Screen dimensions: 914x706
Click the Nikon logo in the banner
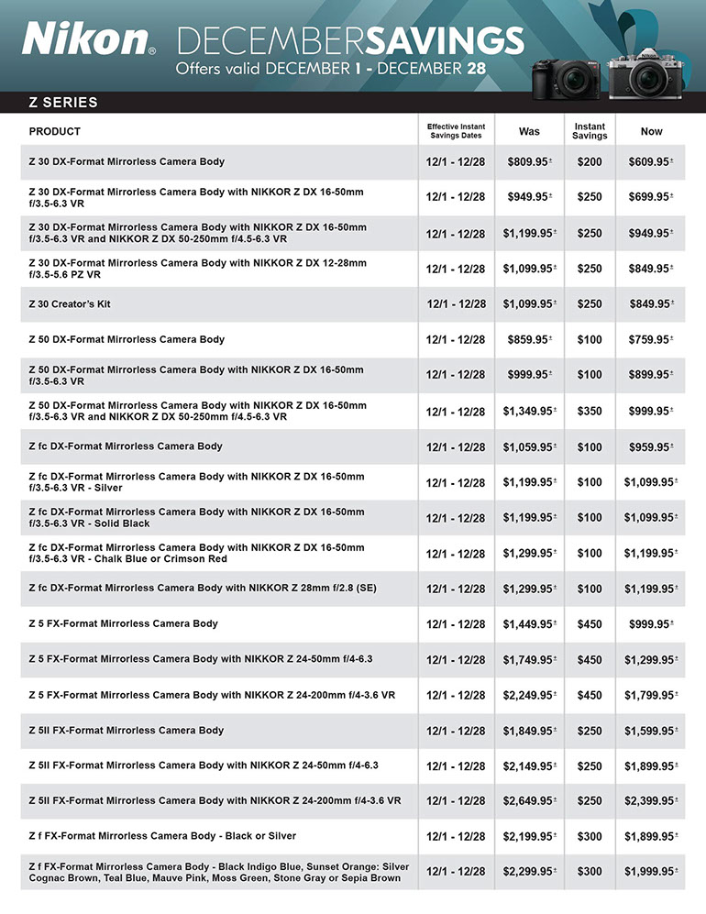[x=86, y=39]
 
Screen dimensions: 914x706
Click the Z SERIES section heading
[x=63, y=103]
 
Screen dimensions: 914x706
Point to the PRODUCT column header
[x=55, y=131]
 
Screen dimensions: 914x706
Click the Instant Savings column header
[x=590, y=131]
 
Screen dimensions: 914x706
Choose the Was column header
[x=529, y=131]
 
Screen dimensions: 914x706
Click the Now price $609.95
[x=649, y=161]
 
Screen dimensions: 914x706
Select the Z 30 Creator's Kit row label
[x=70, y=303]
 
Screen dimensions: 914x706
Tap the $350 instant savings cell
[x=590, y=412]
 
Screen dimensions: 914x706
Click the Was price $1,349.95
[x=527, y=412]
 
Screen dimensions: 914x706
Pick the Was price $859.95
[x=529, y=340]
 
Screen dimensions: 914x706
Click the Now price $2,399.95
[x=649, y=801]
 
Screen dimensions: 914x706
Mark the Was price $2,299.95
[x=527, y=871]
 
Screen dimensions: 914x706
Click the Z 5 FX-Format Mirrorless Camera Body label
[x=124, y=623]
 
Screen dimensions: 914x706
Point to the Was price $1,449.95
[x=527, y=624]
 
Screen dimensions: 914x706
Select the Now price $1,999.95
[x=649, y=871]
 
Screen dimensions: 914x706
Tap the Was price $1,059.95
[x=527, y=447]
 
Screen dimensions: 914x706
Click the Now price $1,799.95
[x=649, y=696]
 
